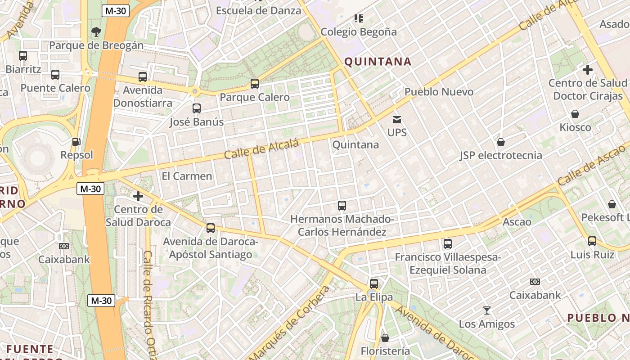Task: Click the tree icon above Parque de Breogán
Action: (x=96, y=31)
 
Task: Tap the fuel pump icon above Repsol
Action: (x=76, y=142)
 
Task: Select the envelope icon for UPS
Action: (x=397, y=119)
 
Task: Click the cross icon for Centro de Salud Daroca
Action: (x=138, y=196)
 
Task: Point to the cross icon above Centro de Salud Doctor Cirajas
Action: (x=587, y=70)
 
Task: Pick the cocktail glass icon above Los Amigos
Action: (x=486, y=310)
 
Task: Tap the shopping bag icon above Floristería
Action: (x=385, y=337)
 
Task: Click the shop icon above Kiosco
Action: (x=575, y=114)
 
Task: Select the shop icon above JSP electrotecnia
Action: (x=501, y=142)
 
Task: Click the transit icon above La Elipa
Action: (x=374, y=283)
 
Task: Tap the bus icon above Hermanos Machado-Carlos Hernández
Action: (x=342, y=206)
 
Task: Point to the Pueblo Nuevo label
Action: (x=439, y=92)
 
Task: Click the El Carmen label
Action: (x=187, y=176)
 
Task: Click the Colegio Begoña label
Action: (x=359, y=32)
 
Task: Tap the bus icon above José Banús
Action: (x=197, y=108)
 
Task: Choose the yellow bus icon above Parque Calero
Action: (x=255, y=83)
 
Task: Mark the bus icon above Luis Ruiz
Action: (x=592, y=241)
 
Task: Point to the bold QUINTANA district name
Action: (x=378, y=62)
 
